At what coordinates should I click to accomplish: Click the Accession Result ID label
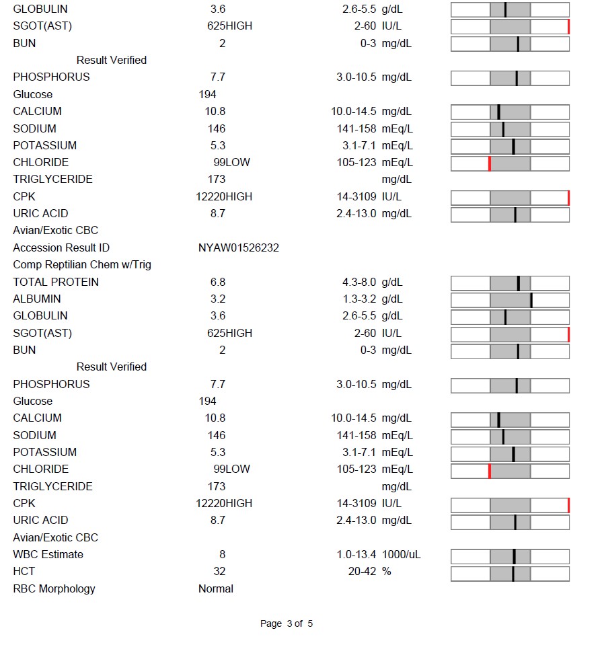[x=61, y=247]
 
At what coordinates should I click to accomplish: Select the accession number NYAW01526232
[x=239, y=247]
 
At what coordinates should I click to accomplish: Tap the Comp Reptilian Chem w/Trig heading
[x=82, y=265]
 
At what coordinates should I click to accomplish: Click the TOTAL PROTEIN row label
[x=56, y=282]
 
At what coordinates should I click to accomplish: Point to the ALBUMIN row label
[x=37, y=299]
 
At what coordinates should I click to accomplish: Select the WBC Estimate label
[x=48, y=554]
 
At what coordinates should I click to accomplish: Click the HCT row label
[x=24, y=571]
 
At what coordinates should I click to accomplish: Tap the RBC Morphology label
[x=54, y=588]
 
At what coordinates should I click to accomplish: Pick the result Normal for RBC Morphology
[x=216, y=588]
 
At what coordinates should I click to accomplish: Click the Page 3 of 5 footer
[x=287, y=623]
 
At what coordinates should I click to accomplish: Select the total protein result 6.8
[x=218, y=282]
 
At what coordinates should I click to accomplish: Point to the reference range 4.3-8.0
[x=359, y=282]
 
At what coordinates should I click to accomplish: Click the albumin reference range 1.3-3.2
[x=359, y=299]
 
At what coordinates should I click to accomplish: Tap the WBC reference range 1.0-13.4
[x=356, y=554]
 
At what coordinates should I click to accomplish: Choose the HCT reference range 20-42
[x=363, y=571]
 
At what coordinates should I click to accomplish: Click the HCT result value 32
[x=219, y=571]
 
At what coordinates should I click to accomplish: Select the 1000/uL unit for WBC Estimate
[x=401, y=554]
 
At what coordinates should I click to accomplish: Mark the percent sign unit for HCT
[x=386, y=571]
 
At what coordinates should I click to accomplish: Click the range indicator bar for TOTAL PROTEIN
[x=510, y=284]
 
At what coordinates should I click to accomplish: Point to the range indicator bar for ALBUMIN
[x=510, y=301]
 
